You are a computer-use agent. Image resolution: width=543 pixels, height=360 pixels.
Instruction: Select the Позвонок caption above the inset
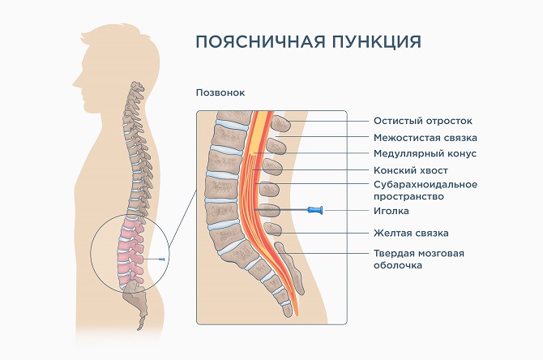(220, 92)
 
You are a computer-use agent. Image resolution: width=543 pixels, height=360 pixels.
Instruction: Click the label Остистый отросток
(422, 121)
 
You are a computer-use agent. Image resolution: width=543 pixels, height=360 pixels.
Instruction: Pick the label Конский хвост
(411, 170)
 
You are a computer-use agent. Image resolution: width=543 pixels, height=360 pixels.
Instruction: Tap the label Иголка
(391, 211)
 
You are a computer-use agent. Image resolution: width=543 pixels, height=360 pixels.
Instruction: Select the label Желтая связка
(411, 233)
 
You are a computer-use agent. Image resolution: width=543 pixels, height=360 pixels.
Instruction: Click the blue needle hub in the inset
(316, 211)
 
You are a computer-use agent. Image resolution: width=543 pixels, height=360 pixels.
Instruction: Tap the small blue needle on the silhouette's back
(165, 258)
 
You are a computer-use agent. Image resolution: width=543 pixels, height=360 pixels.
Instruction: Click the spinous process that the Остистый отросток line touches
(280, 123)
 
